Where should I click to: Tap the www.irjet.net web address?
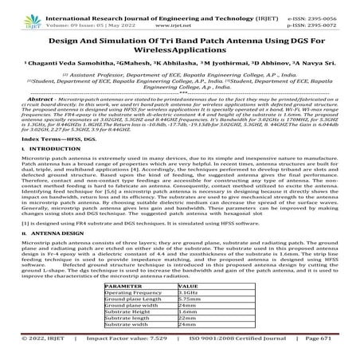click(x=179, y=15)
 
